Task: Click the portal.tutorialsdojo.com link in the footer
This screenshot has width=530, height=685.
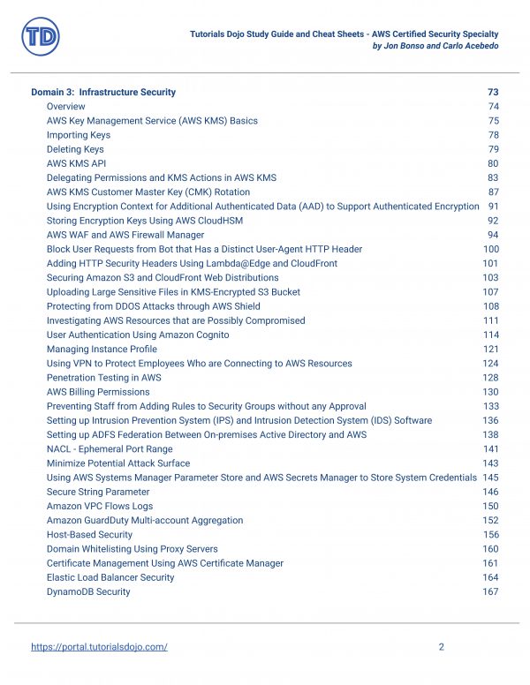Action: (x=99, y=647)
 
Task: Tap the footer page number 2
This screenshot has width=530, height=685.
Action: (x=441, y=647)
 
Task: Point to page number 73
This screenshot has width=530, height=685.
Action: (x=493, y=92)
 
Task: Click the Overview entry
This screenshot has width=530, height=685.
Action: (x=66, y=107)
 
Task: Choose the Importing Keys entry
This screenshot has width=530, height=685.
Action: (x=79, y=135)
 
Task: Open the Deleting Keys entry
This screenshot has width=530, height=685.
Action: (x=75, y=149)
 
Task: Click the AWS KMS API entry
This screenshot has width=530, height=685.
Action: (x=76, y=163)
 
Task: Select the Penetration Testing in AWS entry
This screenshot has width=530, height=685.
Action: (x=103, y=378)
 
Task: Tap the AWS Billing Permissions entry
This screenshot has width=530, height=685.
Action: (x=98, y=392)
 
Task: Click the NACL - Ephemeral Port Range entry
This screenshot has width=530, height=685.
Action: (x=110, y=449)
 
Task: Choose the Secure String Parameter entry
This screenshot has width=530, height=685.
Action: (x=98, y=492)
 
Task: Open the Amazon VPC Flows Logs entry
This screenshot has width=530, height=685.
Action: (x=100, y=506)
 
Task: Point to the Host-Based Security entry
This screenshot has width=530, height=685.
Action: (x=89, y=535)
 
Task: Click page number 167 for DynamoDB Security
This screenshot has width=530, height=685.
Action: (x=490, y=591)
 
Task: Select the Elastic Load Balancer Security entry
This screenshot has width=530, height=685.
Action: (x=110, y=577)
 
